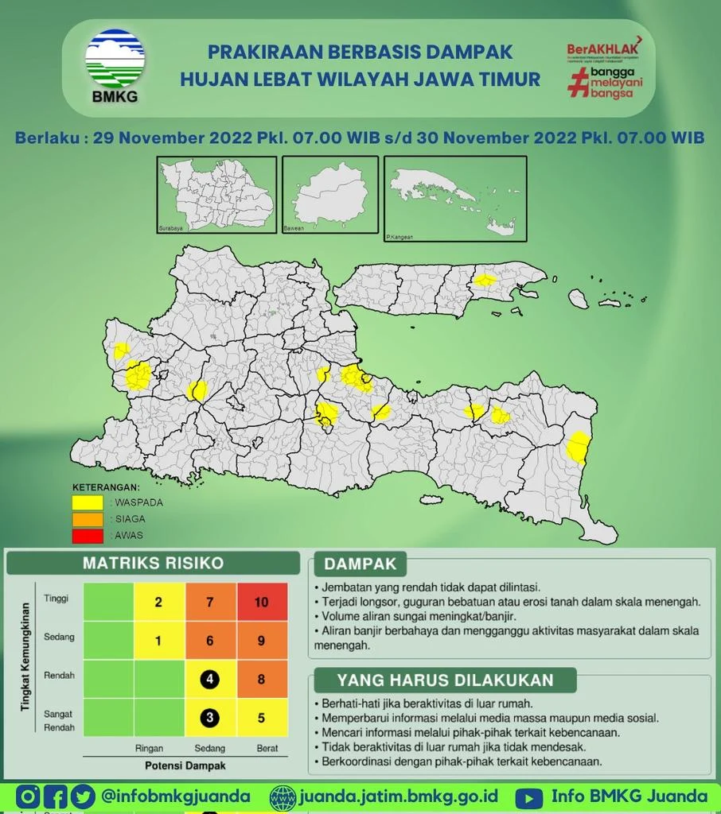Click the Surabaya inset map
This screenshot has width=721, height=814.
216,195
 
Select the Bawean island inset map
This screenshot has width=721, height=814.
329,195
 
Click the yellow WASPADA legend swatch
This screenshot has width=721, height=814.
88,502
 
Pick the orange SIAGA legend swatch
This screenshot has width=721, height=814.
88,519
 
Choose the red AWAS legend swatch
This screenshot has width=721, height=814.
88,536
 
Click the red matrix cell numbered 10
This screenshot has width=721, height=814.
262,602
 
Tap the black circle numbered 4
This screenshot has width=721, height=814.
209,680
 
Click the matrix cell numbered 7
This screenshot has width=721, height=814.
210,602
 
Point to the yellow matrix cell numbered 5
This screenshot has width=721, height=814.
262,719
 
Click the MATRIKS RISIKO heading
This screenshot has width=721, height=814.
154,564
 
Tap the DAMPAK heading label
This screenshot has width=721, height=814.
360,564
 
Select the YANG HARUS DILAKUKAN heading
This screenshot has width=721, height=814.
445,680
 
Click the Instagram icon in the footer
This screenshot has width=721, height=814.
28,797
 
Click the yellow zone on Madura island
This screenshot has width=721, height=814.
485,281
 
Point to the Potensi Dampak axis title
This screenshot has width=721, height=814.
185,766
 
